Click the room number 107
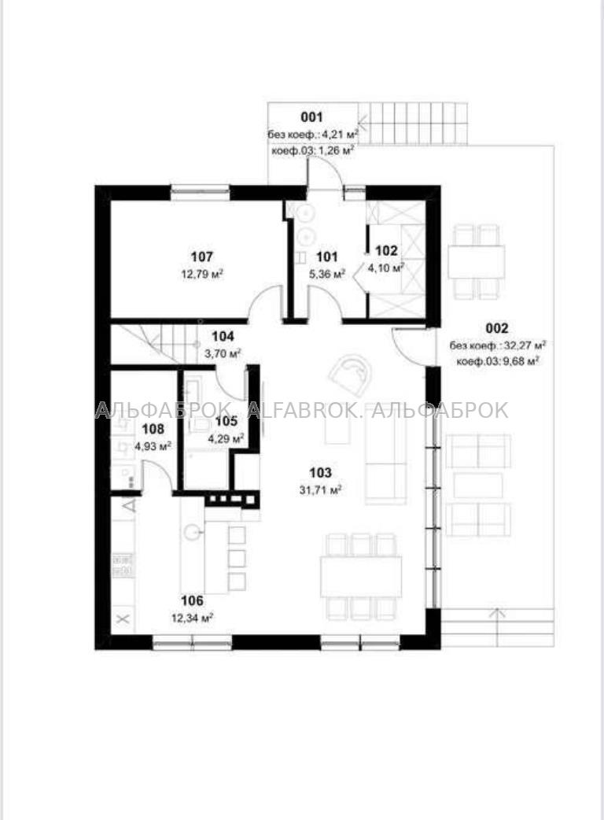(x=201, y=257)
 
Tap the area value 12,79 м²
(x=202, y=274)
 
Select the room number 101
(x=327, y=257)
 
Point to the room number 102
(x=386, y=250)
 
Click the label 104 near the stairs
(x=223, y=337)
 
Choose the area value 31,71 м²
(x=320, y=490)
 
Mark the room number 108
(x=153, y=430)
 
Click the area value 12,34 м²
(x=192, y=619)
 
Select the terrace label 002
(x=496, y=328)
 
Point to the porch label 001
(x=311, y=117)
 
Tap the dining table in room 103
(x=361, y=577)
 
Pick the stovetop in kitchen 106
(x=123, y=566)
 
